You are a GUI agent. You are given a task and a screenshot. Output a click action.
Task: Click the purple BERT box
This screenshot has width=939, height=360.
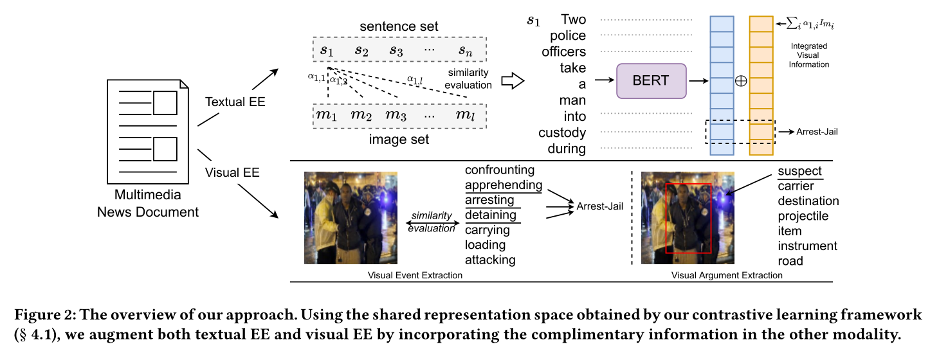(651, 81)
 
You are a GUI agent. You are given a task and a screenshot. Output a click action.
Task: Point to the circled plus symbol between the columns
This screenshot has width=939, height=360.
(740, 82)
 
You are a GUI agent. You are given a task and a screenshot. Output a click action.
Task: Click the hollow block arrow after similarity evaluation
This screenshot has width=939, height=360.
(513, 81)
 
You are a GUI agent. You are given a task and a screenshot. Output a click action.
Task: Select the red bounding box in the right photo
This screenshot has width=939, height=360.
(688, 219)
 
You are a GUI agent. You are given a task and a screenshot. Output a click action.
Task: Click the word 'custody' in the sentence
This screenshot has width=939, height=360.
(562, 133)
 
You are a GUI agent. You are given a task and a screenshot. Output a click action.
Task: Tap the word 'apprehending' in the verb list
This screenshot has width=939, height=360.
(504, 185)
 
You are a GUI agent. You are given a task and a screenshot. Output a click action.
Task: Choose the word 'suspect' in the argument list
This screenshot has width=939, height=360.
(799, 172)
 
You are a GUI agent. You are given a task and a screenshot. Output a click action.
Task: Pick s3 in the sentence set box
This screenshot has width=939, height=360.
(396, 49)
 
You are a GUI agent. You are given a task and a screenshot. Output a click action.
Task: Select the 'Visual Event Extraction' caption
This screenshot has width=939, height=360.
(415, 275)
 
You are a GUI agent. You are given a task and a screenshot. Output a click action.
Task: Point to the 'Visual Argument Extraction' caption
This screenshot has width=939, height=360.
(727, 275)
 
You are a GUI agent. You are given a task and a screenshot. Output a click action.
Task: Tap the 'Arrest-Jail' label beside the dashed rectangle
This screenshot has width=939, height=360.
(817, 132)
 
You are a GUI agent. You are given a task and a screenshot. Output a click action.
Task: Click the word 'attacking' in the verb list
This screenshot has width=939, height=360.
(490, 260)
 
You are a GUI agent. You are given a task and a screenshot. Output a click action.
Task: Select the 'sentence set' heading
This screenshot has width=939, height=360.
(399, 26)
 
